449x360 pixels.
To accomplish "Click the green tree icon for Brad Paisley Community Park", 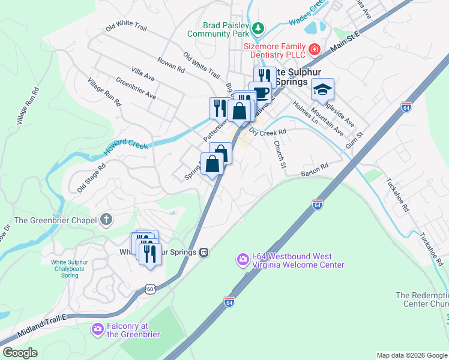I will (258, 28).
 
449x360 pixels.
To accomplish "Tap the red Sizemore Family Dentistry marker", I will (314, 49).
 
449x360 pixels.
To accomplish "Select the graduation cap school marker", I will (322, 89).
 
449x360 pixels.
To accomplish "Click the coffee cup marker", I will (261, 92).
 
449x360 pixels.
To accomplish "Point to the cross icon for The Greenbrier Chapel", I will (106, 220).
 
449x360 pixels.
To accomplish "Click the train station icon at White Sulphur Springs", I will (204, 252).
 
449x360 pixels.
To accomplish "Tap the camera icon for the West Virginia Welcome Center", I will (243, 259).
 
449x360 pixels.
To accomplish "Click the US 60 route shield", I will (149, 289).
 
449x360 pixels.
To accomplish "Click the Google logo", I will (20, 353).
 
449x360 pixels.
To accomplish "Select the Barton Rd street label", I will (315, 170).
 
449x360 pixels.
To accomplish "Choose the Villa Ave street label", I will (143, 74).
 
